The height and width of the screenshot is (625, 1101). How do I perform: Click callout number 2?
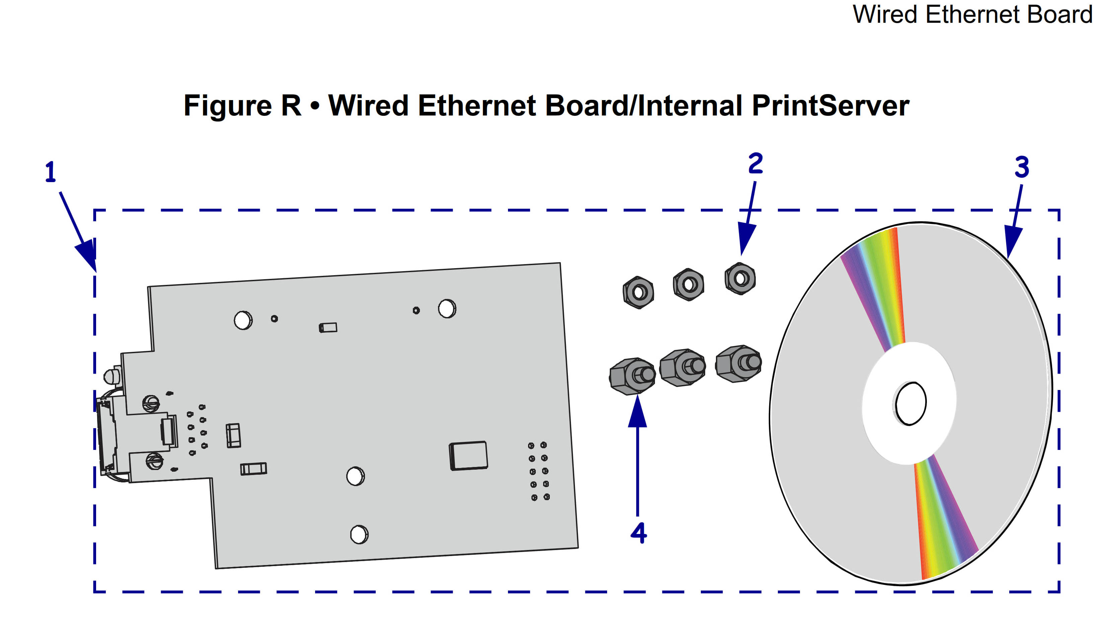[755, 164]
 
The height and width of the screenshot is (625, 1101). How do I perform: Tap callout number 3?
[1022, 167]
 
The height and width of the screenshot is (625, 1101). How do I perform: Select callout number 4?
[639, 533]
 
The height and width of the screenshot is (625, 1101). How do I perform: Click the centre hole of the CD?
[910, 403]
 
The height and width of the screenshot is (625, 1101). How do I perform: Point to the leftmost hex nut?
[638, 292]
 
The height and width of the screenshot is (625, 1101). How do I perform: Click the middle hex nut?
[688, 284]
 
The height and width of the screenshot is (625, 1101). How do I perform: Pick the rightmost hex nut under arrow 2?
[740, 279]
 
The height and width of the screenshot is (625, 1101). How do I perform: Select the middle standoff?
[682, 368]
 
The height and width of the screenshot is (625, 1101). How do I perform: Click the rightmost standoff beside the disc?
[738, 363]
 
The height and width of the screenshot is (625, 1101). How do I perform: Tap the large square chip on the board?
[468, 455]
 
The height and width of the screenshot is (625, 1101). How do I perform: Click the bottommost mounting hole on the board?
[359, 534]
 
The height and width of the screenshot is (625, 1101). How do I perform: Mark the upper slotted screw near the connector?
[151, 403]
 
